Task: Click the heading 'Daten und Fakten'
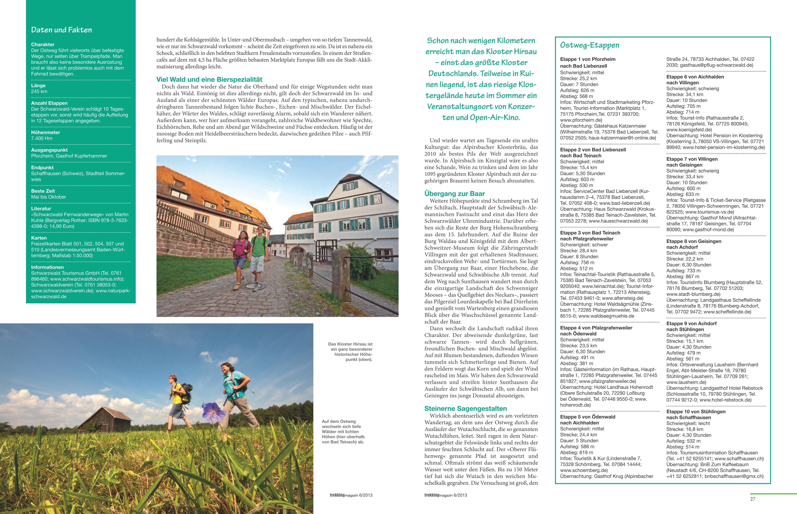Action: click(x=61, y=30)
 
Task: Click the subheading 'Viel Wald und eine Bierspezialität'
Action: click(x=209, y=79)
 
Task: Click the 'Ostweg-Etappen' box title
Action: click(x=589, y=45)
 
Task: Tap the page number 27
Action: click(x=753, y=499)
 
